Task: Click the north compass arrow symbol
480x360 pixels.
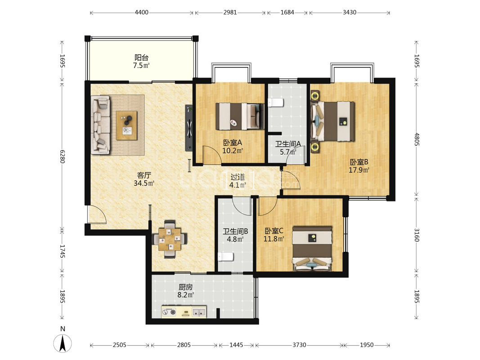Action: coord(63,343)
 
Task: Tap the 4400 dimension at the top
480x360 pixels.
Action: coord(141,13)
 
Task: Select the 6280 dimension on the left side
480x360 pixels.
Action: coord(63,157)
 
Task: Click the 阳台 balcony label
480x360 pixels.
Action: coord(141,57)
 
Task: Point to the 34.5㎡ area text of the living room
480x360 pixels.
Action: coord(144,183)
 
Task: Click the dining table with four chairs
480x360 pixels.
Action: coord(169,239)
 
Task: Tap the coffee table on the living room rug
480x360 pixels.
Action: coord(127,126)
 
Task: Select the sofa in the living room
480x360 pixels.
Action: coord(101,125)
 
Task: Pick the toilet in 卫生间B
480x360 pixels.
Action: coord(226,257)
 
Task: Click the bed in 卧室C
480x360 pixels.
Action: coord(312,249)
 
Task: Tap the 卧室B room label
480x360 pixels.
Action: coord(359,162)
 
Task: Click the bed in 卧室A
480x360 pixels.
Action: coord(240,117)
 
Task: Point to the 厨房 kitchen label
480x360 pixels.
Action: coord(185,287)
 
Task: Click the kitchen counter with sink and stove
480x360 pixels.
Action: coord(184,312)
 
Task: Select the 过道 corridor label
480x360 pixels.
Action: coord(238,177)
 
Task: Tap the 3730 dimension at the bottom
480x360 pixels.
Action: coord(299,345)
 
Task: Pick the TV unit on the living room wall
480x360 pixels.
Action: coord(189,128)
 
